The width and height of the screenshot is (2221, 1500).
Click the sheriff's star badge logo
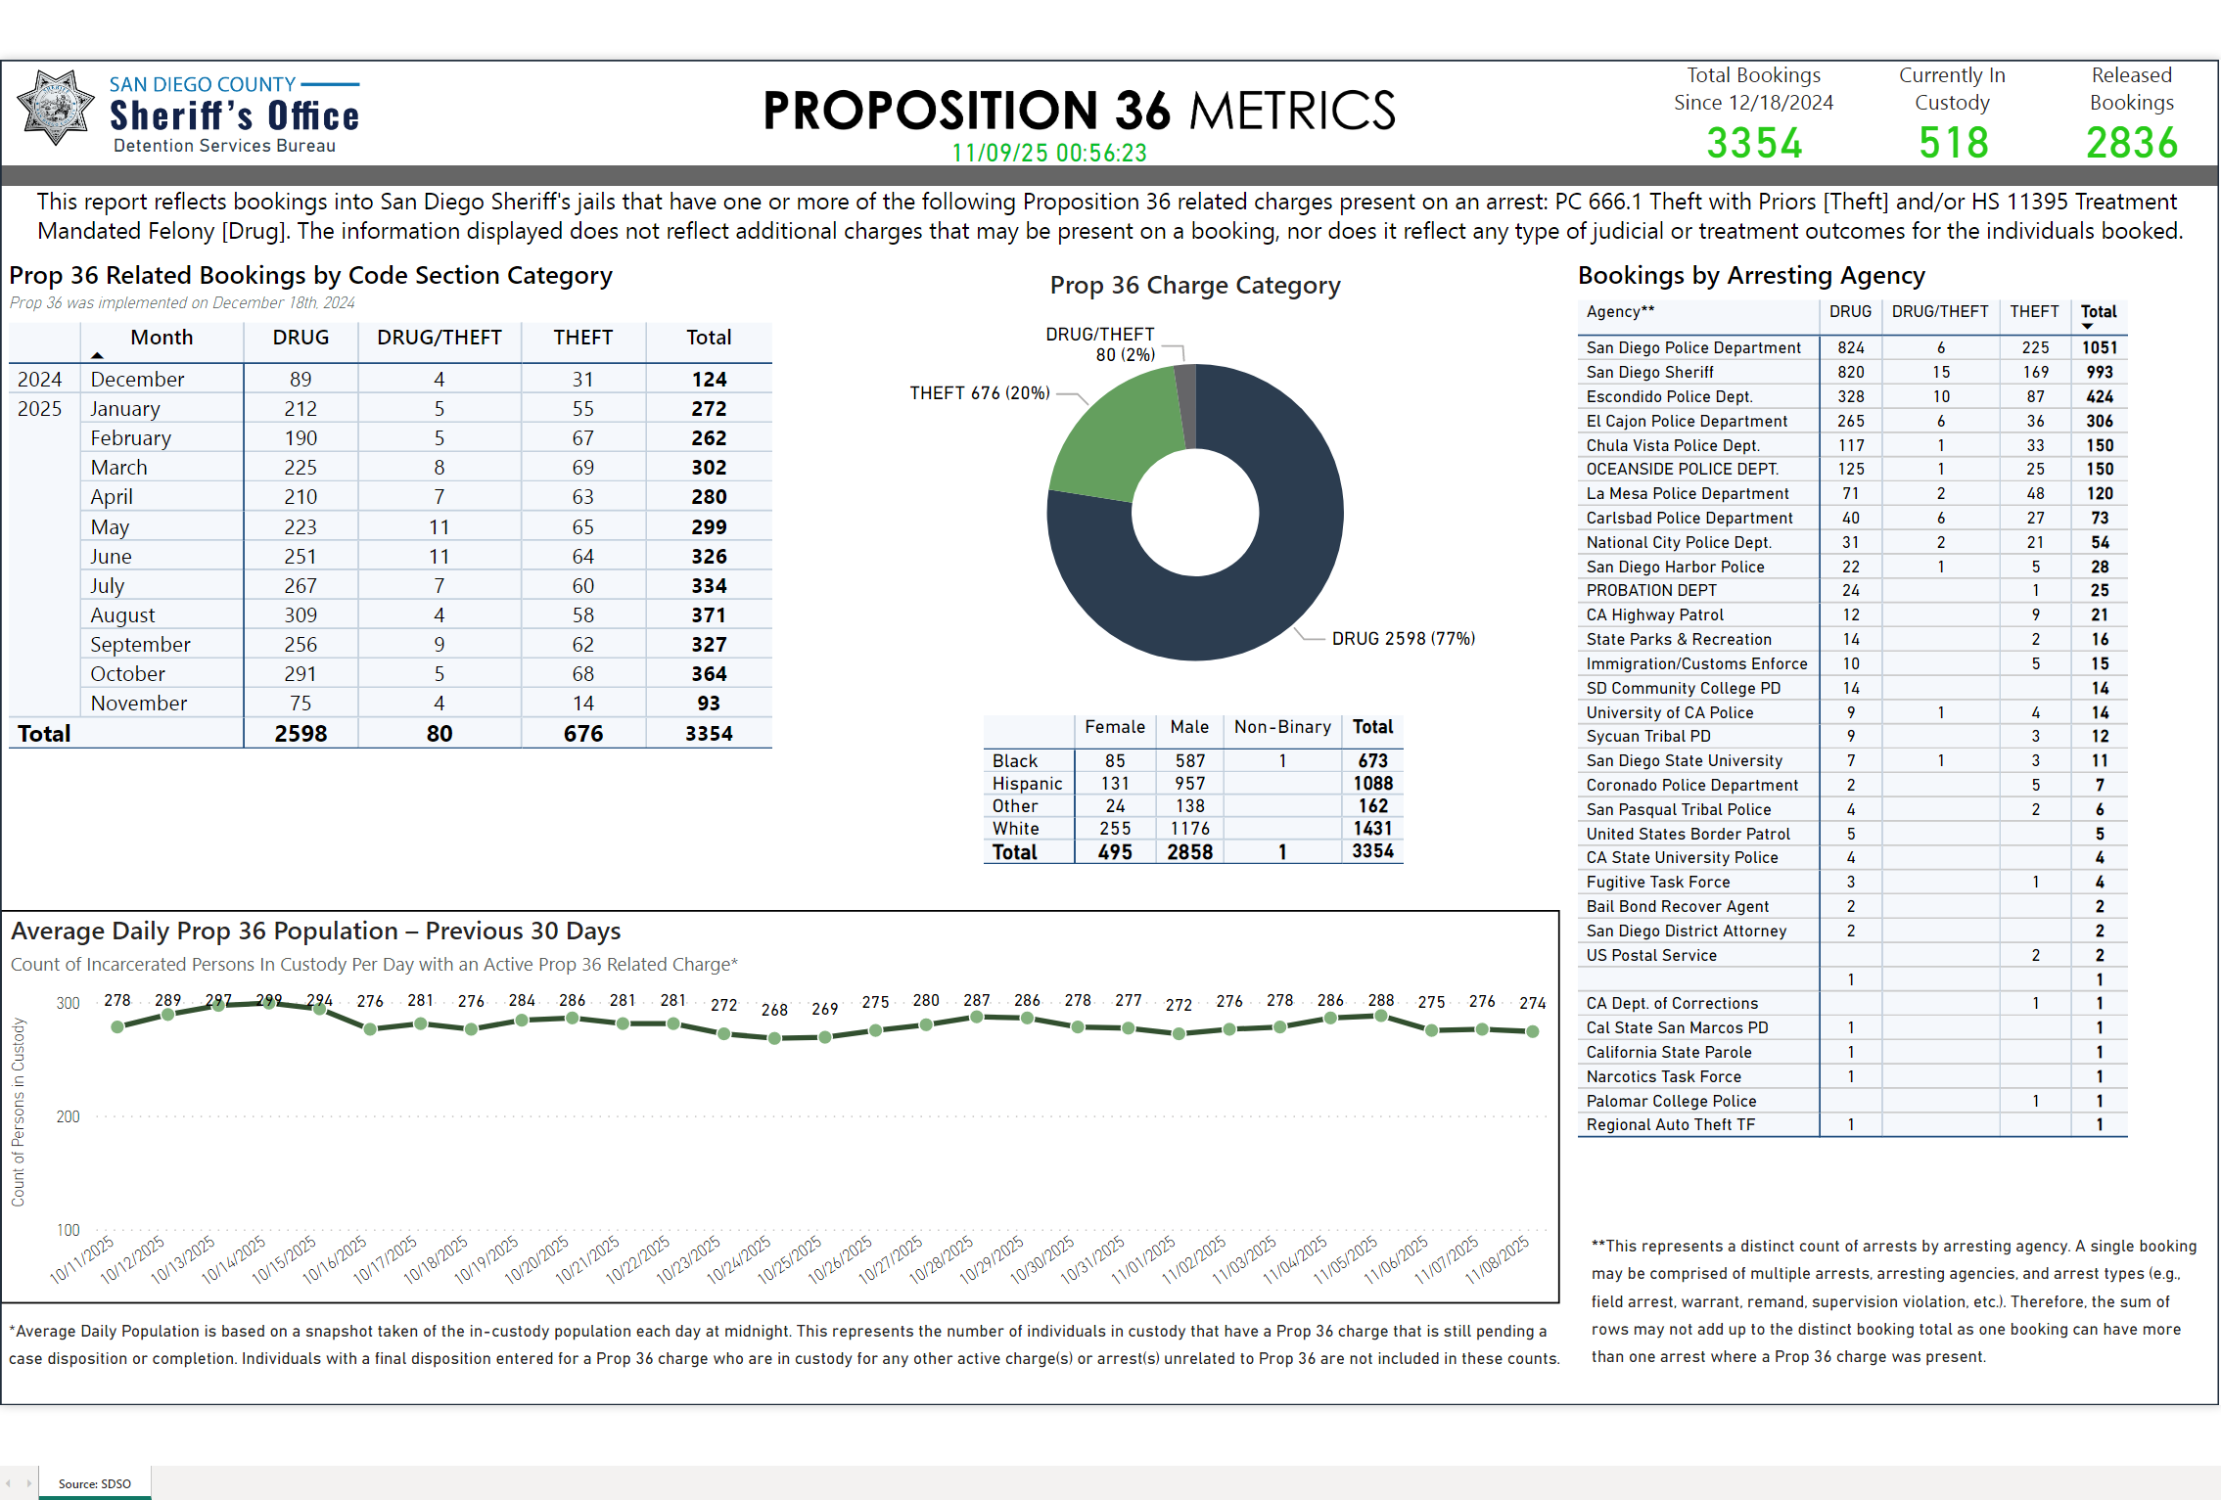(x=55, y=108)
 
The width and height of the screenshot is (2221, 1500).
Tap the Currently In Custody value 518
(x=1953, y=143)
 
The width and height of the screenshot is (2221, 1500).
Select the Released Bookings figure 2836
(x=2131, y=143)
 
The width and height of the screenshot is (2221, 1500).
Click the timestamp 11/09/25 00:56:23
(x=1048, y=153)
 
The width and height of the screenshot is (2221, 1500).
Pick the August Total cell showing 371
(x=708, y=615)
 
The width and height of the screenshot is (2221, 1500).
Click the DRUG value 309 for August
(x=301, y=615)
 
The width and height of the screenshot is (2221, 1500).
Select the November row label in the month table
(x=138, y=704)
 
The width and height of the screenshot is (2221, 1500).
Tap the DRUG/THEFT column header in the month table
(x=439, y=338)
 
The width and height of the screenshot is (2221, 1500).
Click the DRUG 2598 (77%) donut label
(x=1402, y=639)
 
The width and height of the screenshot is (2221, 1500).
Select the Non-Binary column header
(x=1281, y=727)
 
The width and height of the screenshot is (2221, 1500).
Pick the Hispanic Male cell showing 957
(x=1189, y=784)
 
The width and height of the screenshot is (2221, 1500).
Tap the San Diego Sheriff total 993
(x=2099, y=372)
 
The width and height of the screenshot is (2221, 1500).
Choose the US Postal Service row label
(x=1650, y=955)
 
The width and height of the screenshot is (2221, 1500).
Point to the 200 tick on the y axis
(x=68, y=1116)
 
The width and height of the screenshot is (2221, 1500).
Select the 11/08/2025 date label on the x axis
(x=1497, y=1259)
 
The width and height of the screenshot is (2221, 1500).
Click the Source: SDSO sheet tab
(x=94, y=1483)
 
